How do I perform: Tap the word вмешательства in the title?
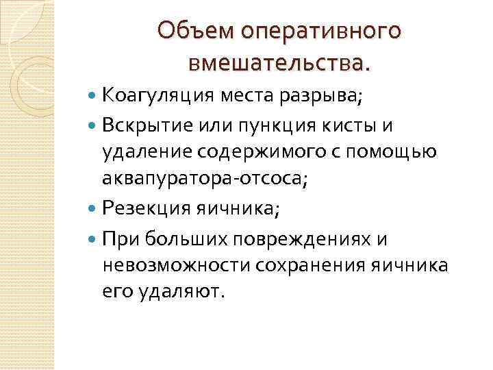coord(277,63)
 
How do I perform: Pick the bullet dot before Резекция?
coord(92,209)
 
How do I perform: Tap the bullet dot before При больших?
coord(92,238)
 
